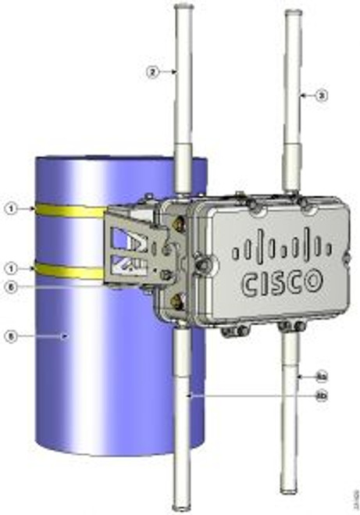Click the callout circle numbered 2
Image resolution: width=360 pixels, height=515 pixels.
(152, 71)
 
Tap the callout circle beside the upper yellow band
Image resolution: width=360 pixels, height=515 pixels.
(10, 209)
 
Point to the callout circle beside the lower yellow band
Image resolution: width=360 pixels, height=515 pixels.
(10, 268)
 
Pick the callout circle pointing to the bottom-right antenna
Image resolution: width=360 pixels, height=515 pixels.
(320, 376)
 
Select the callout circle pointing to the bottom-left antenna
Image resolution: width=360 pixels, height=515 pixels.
(320, 396)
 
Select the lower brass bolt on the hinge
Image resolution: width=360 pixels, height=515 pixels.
(177, 298)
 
